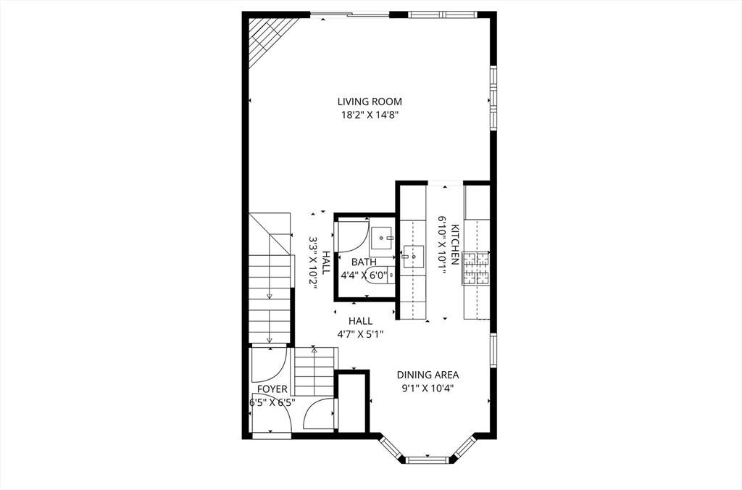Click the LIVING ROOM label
coord(370,101)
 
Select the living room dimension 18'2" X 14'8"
coord(370,115)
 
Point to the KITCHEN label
coord(455,245)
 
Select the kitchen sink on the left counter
coord(414,257)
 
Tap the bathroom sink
coord(382,236)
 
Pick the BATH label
coord(364,262)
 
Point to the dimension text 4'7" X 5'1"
coord(360,334)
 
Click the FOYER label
coord(272,389)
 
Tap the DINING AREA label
coord(428,375)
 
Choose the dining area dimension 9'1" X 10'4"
coord(428,388)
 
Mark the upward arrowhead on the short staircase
coord(314,350)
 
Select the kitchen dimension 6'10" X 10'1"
coord(441,245)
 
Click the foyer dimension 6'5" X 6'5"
coord(272,402)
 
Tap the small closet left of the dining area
coord(353,402)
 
